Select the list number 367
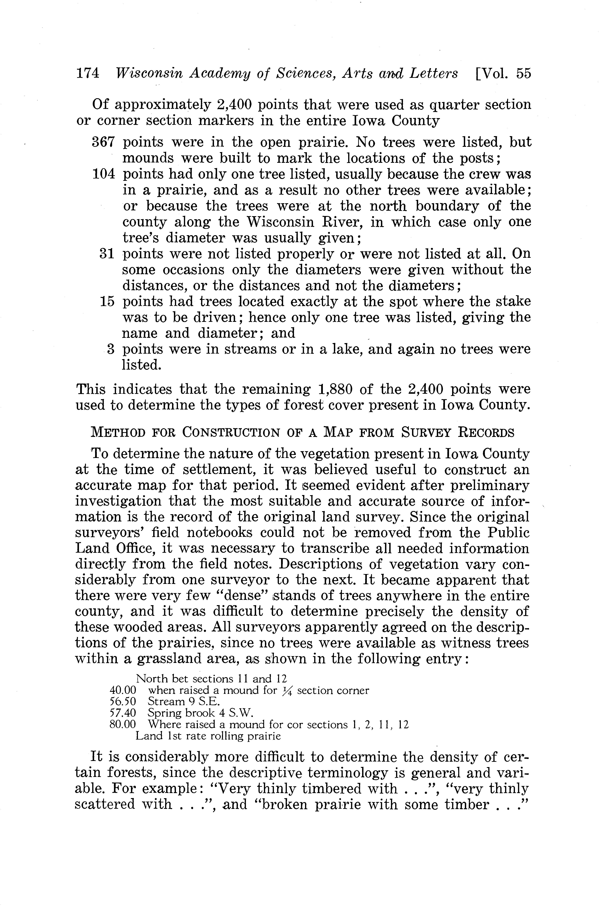point(103,142)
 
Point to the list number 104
point(103,174)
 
